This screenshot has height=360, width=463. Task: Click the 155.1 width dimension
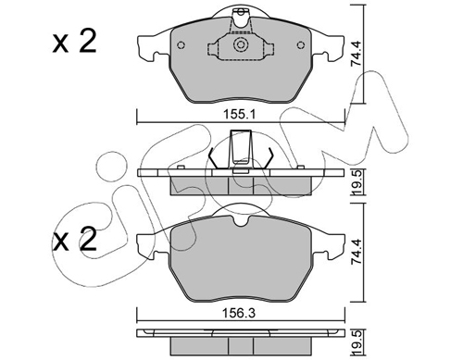[240, 116]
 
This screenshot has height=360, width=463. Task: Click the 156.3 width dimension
[240, 314]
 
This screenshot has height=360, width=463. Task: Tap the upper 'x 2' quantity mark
[74, 42]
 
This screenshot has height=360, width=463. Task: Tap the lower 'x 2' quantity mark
[74, 239]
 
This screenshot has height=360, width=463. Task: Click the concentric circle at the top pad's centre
[241, 45]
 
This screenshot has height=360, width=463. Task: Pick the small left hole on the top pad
[181, 45]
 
